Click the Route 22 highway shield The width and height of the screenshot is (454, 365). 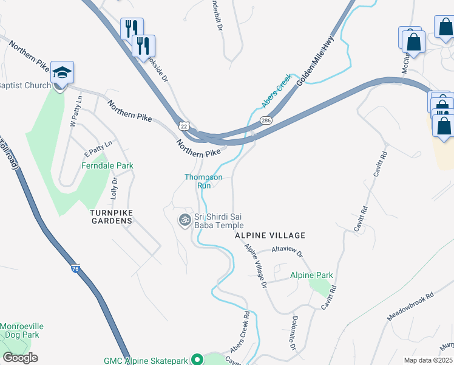[x=183, y=125]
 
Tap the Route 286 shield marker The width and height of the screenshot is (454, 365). [x=266, y=121]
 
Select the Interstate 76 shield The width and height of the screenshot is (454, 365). [x=75, y=268]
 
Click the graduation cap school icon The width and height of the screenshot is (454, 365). [x=62, y=73]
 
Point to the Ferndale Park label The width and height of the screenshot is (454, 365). [x=107, y=165]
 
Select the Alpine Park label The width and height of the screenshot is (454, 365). [x=311, y=275]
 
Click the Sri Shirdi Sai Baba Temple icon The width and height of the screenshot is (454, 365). [x=184, y=219]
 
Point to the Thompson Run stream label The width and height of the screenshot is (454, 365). [x=203, y=181]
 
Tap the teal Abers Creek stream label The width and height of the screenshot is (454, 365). [x=277, y=91]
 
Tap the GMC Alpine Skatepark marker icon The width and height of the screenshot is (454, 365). [x=197, y=360]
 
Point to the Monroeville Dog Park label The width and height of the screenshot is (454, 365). [x=19, y=330]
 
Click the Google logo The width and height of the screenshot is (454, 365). [x=20, y=358]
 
